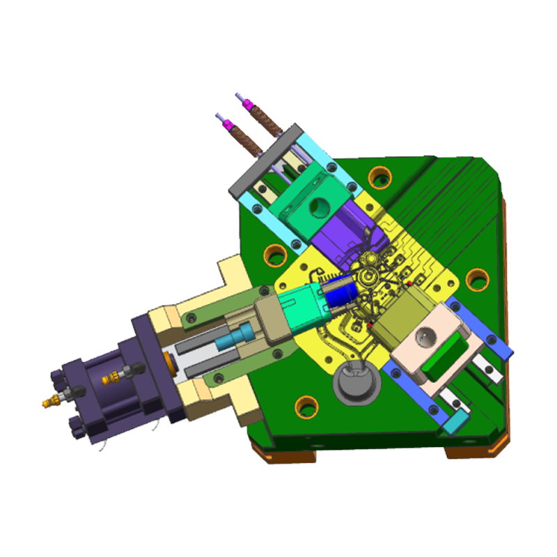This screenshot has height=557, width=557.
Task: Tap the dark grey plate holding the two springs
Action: (x=267, y=157)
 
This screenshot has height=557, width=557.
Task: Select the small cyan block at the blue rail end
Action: (x=457, y=420)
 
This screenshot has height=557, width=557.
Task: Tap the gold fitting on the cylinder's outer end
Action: (x=50, y=402)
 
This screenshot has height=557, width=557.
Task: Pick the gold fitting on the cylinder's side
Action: (x=110, y=378)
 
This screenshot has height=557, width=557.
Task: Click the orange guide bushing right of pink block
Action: (x=477, y=280)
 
